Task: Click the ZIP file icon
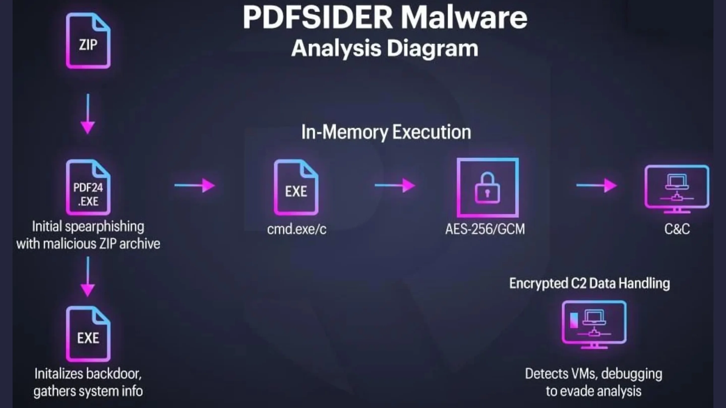pos(88,41)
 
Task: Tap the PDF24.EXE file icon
pos(88,187)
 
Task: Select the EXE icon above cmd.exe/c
pos(296,187)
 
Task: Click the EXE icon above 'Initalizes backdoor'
pos(88,334)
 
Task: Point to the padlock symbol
pos(488,188)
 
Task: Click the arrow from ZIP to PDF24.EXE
pos(88,114)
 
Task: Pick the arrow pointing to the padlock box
pos(395,185)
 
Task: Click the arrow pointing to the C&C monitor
pos(597,185)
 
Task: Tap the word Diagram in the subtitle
pos(432,48)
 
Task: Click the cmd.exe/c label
pos(297,229)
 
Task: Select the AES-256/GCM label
pos(485,229)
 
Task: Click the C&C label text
pos(677,229)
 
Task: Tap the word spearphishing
pos(105,227)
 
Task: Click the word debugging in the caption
pos(631,374)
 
